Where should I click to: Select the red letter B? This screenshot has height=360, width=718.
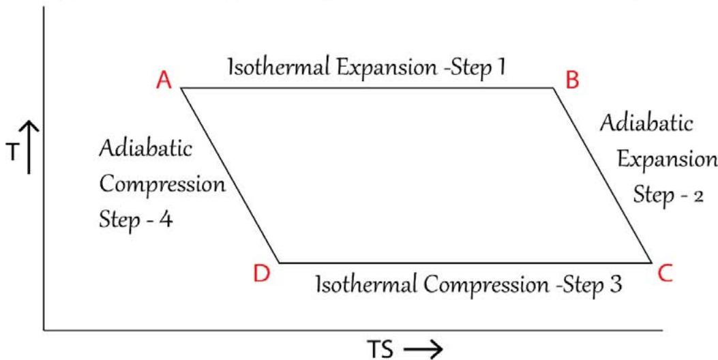point(573,81)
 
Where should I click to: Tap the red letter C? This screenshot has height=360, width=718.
point(666,273)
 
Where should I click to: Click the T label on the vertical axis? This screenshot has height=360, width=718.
point(13,153)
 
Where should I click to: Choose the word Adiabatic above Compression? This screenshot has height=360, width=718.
point(145,150)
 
